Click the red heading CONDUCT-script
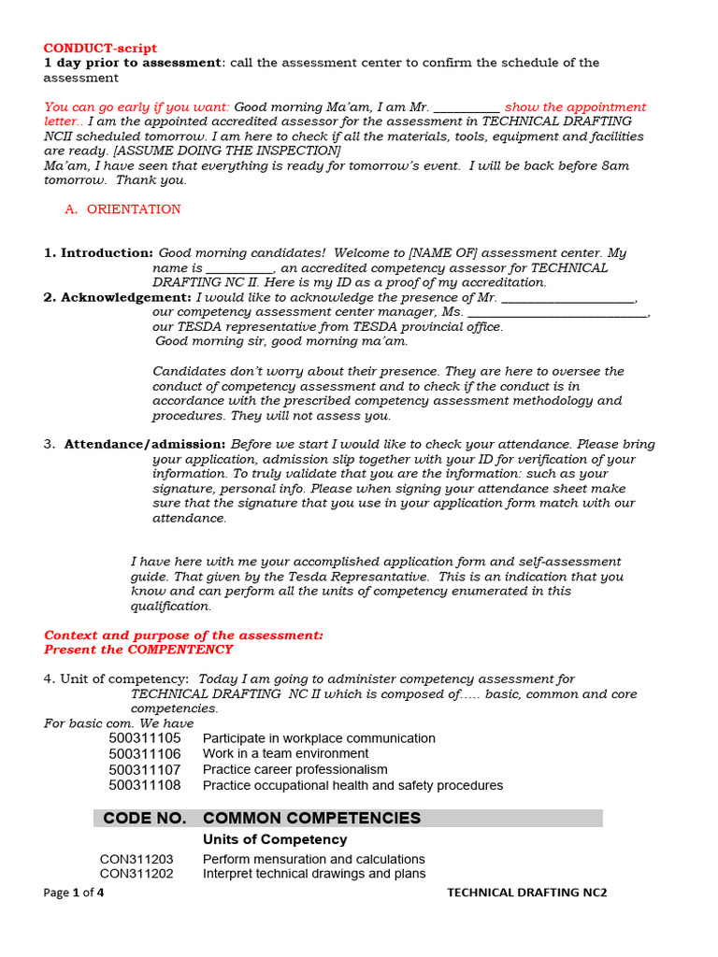(x=101, y=48)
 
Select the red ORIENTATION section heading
(x=134, y=209)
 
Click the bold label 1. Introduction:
(x=99, y=253)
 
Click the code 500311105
(x=145, y=738)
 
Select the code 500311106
(x=145, y=753)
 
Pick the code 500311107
(x=145, y=769)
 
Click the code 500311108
(x=145, y=785)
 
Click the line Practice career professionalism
(x=294, y=769)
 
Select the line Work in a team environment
(x=285, y=753)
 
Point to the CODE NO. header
(x=145, y=819)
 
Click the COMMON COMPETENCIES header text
(x=311, y=819)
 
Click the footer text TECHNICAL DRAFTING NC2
(x=526, y=893)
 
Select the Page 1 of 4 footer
(x=74, y=893)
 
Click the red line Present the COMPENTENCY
(x=138, y=650)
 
